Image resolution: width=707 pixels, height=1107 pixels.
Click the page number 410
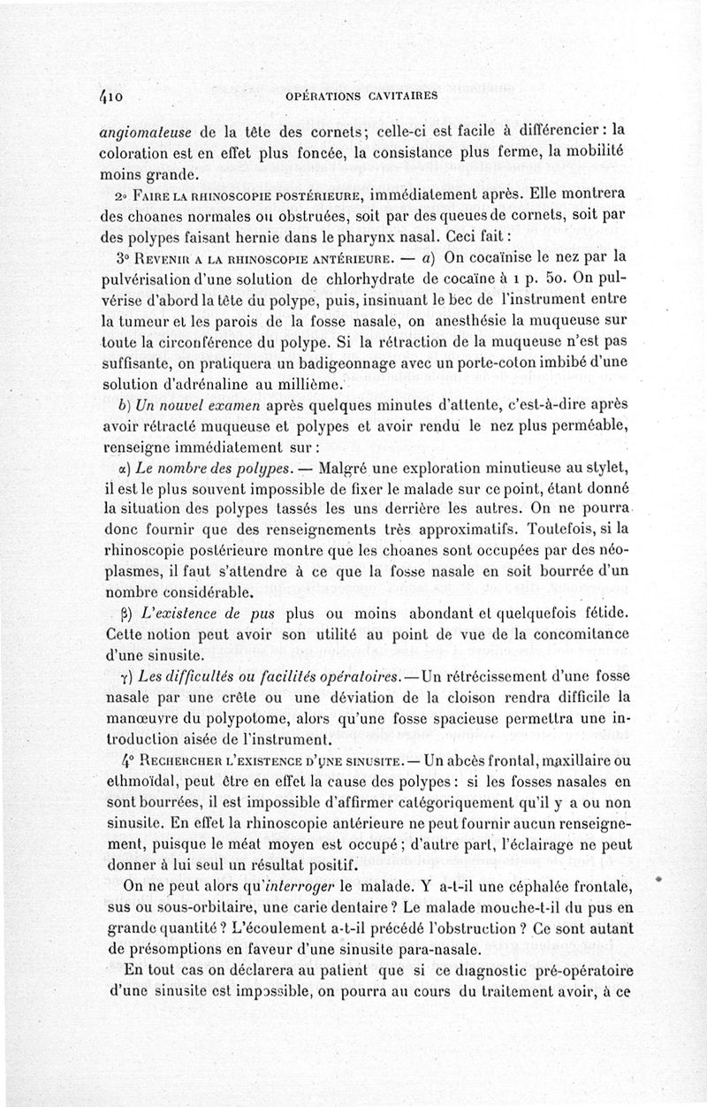(x=116, y=93)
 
